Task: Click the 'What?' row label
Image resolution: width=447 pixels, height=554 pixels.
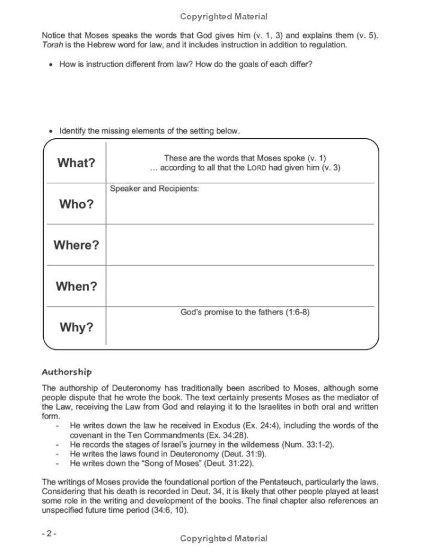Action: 76,163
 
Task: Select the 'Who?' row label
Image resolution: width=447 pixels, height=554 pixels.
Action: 76,204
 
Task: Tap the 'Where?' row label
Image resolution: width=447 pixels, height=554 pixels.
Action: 76,246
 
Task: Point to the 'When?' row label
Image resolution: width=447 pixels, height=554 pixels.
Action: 76,286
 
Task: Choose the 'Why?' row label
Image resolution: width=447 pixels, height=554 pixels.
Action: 76,328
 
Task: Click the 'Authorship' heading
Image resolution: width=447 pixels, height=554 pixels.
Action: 67,372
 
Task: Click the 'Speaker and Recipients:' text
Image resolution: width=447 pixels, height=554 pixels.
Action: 155,189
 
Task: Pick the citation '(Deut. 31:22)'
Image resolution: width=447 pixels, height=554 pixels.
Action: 232,463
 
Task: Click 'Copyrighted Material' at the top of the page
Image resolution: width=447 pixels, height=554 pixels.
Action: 223,17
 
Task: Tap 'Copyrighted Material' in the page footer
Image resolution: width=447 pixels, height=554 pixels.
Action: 223,538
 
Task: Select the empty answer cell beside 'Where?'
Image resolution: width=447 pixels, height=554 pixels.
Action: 240,246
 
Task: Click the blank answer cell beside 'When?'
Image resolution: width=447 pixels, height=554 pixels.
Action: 240,286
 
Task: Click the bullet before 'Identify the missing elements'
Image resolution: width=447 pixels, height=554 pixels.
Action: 50,131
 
